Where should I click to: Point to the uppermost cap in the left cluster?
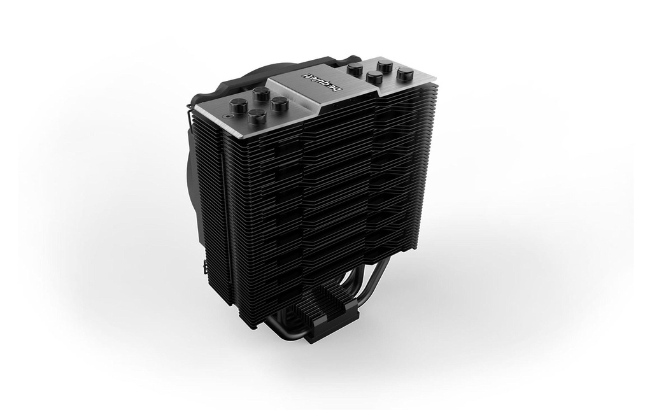(260, 93)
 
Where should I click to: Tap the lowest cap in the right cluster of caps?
(376, 77)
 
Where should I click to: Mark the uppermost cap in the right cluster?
(384, 66)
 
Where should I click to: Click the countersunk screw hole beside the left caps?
(227, 117)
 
